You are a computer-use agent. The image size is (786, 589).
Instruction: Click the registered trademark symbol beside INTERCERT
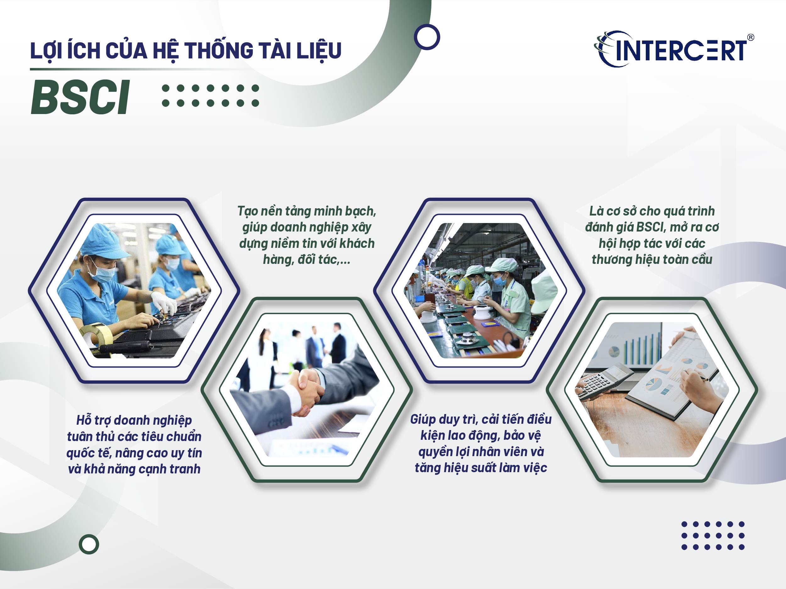(x=750, y=37)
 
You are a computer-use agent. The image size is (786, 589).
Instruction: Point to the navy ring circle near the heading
(x=427, y=37)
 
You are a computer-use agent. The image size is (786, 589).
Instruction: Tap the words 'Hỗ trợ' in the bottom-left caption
(x=93, y=420)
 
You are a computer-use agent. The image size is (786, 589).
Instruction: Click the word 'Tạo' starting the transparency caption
(x=247, y=211)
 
